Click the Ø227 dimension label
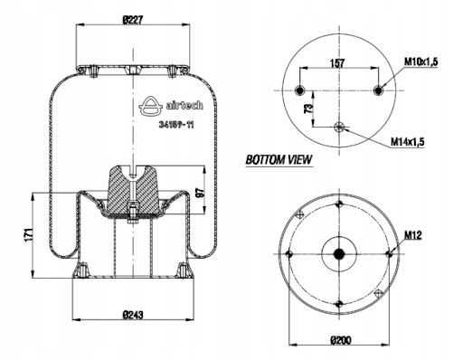point(133,21)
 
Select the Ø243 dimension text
point(133,315)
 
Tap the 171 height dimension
point(28,235)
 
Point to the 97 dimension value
point(200,193)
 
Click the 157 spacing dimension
point(337,63)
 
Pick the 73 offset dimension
point(308,109)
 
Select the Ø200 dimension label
point(341,341)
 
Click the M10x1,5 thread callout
point(420,62)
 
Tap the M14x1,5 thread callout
point(408,141)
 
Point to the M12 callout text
point(412,235)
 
